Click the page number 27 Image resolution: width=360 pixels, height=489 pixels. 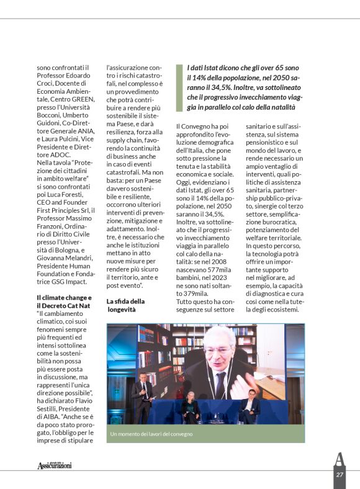coord(340,475)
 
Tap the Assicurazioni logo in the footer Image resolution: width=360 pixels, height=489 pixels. coord(55,465)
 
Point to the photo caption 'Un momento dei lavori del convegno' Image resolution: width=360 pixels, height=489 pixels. coord(151,434)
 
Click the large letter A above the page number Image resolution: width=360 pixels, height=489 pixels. coord(339,460)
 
